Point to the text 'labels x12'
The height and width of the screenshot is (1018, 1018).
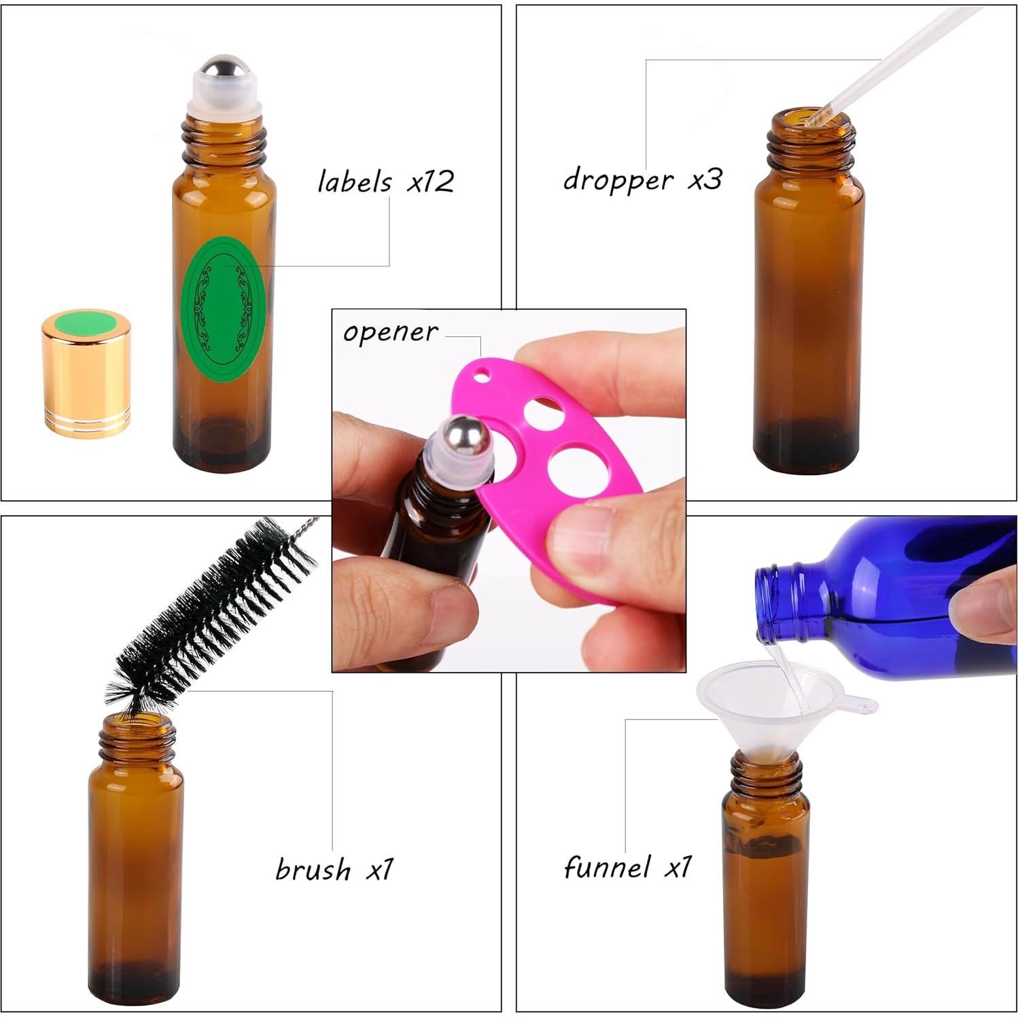click(x=385, y=182)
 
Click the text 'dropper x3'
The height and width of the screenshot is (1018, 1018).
click(x=642, y=180)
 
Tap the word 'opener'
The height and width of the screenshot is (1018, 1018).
click(x=390, y=332)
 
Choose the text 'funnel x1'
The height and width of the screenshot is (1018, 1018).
click(x=627, y=868)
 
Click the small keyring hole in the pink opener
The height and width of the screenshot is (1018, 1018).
click(x=482, y=373)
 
